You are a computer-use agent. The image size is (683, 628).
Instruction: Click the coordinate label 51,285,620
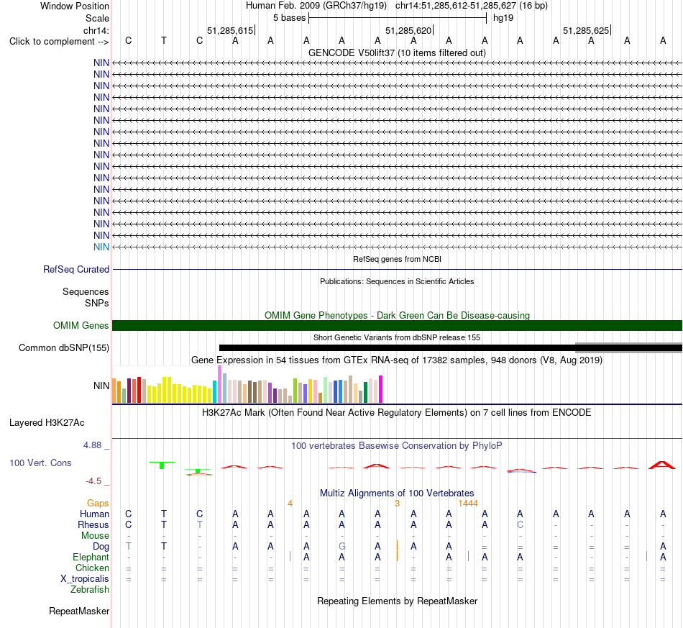click(x=408, y=30)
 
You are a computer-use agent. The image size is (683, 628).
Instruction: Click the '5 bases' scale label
click(x=289, y=18)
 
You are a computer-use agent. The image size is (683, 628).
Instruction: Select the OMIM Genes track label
click(x=81, y=326)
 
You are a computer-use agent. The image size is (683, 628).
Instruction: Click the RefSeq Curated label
click(x=76, y=269)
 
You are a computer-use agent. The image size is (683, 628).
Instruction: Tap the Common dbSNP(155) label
click(x=64, y=347)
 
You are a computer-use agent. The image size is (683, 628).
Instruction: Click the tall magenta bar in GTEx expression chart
click(x=381, y=389)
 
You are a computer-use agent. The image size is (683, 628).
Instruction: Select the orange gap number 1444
click(x=468, y=504)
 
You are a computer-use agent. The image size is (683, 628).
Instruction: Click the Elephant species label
click(x=91, y=558)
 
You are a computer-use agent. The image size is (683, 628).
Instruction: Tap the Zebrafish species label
click(x=90, y=590)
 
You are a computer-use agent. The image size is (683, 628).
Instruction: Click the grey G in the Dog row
click(x=342, y=547)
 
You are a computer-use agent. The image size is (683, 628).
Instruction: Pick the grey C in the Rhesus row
click(x=520, y=524)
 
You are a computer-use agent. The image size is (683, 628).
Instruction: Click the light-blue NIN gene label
click(x=101, y=247)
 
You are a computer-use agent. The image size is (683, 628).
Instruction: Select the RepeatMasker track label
click(x=79, y=611)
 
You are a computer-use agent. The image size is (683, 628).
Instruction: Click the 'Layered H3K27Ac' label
click(x=47, y=423)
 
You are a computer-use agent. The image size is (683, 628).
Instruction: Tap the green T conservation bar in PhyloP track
click(x=162, y=465)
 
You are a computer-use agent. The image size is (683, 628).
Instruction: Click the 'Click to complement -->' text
click(x=59, y=42)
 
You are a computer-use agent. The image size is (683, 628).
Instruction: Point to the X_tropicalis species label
click(x=85, y=579)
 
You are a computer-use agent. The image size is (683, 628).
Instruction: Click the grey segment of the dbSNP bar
click(x=629, y=347)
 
